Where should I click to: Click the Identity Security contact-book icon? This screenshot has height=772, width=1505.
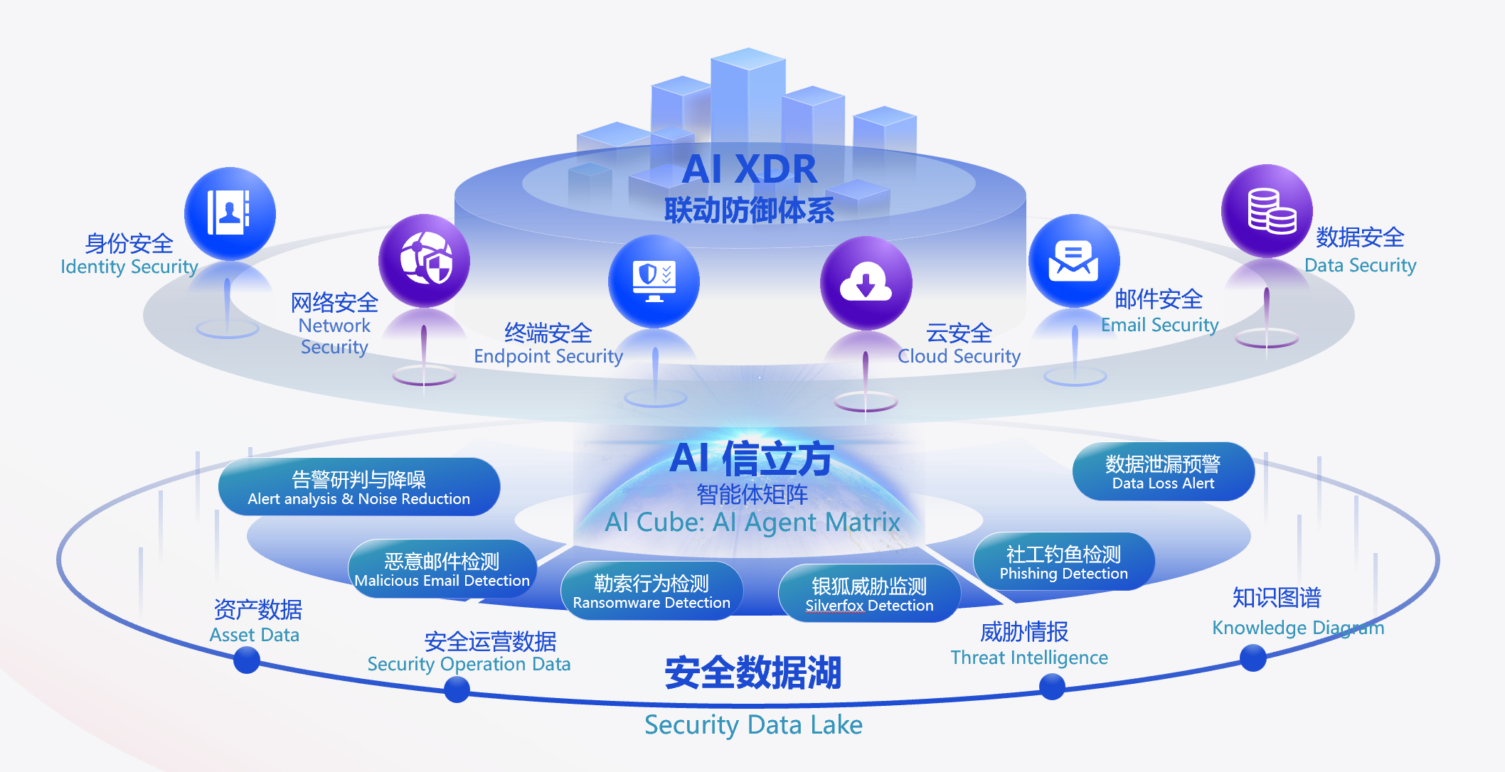tap(229, 213)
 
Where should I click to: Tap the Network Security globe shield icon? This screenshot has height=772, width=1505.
tap(425, 260)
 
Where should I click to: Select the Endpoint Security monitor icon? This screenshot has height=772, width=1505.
tap(654, 282)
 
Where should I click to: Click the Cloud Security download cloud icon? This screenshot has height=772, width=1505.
tap(866, 283)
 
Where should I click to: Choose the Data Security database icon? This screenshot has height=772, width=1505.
tap(1267, 210)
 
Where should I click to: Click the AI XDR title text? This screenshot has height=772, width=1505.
tap(750, 169)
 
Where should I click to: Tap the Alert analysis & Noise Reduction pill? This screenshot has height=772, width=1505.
tap(359, 488)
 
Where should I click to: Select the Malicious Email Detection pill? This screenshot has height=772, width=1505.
tap(442, 569)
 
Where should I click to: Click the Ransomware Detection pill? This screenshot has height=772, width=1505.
tap(652, 591)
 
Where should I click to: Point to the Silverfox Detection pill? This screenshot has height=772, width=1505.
tap(869, 594)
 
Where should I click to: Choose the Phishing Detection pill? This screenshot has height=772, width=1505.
tap(1063, 562)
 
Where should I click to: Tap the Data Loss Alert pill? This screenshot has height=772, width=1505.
tap(1163, 472)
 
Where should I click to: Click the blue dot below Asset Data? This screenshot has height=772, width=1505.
tap(247, 660)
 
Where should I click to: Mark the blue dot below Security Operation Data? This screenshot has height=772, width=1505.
tap(457, 689)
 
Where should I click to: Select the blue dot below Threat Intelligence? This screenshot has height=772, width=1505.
tap(1052, 687)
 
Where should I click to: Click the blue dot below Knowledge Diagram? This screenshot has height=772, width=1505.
tap(1253, 658)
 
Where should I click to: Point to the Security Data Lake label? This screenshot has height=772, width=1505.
tap(753, 725)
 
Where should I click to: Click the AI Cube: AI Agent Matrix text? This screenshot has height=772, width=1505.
tap(752, 522)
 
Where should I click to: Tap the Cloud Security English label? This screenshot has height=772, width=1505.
tap(959, 356)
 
